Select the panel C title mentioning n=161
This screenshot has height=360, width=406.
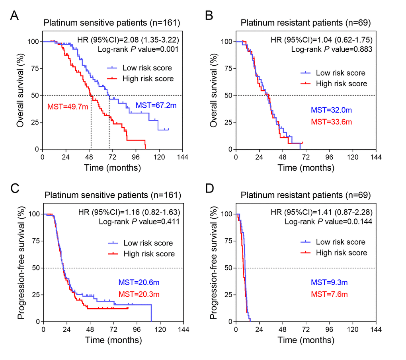tap(112, 195)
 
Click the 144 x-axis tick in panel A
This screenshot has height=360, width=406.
tap(183, 157)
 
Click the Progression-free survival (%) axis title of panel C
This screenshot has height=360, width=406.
tap(22, 267)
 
